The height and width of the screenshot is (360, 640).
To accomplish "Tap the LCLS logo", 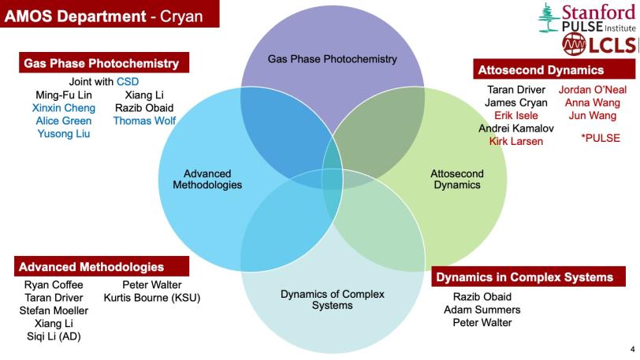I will coord(604,46).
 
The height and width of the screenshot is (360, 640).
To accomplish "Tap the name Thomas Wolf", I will coord(144,121).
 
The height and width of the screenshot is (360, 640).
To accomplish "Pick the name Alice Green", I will coord(63,121).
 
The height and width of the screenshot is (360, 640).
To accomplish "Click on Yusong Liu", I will coord(63,133).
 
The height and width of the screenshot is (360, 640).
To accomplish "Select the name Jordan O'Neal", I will coord(592,90).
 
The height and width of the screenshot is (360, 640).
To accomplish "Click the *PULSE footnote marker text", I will coord(600,138).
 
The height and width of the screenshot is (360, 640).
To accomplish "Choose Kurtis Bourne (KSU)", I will coord(152,298).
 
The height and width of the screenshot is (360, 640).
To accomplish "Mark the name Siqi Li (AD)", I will coord(54,336).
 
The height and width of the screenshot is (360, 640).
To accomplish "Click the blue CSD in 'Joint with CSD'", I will coord(127,82).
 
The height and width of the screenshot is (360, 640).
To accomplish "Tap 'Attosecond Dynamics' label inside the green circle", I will coord(457,180).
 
